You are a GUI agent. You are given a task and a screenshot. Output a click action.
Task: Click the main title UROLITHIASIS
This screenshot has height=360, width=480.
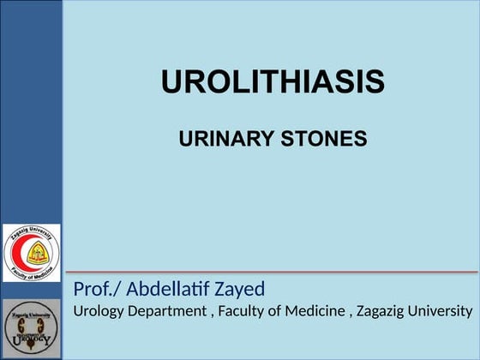tap(273, 83)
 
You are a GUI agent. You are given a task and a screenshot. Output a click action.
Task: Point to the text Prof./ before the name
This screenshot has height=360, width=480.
tap(97, 289)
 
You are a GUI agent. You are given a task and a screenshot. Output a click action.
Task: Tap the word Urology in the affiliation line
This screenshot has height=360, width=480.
tap(97, 311)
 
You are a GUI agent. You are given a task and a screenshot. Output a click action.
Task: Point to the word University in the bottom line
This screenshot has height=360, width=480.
tap(441, 311)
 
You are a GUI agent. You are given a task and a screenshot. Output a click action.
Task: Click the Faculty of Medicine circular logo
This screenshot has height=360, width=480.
tap(32, 253)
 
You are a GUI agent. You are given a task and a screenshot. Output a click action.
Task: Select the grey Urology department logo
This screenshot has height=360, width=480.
tap(32, 328)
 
